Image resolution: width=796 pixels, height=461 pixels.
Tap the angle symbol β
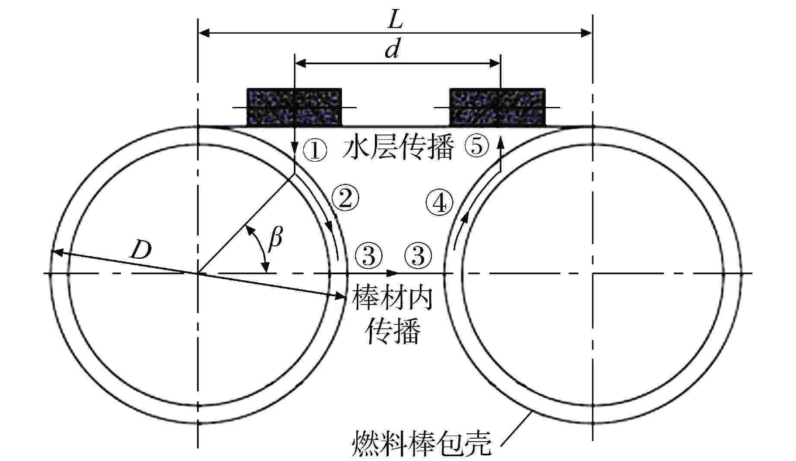(275, 240)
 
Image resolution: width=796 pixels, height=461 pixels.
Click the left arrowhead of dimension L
(203, 33)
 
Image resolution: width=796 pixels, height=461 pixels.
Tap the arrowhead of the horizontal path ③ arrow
(393, 273)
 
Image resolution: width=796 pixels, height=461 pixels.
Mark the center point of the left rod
(198, 273)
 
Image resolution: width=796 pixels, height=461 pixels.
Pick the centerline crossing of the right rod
(593, 273)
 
